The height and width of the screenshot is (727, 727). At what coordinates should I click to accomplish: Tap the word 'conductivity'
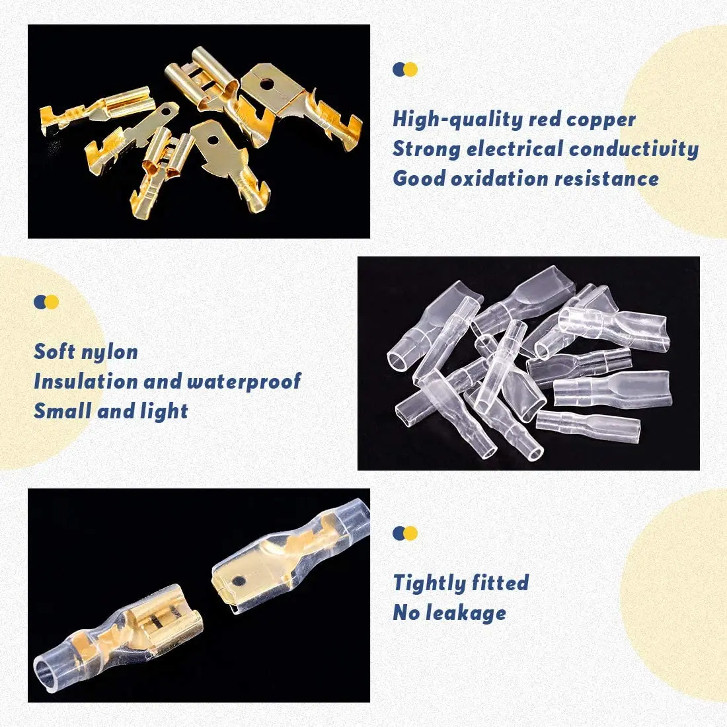633,149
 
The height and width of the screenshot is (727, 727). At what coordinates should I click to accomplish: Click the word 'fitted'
500,583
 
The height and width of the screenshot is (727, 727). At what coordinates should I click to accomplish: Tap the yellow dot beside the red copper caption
411,69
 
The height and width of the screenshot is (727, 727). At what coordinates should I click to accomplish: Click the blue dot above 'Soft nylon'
40,302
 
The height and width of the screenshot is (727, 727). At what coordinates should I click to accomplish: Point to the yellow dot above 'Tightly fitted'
411,533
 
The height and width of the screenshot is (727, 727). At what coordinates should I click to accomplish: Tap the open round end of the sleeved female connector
48,676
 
